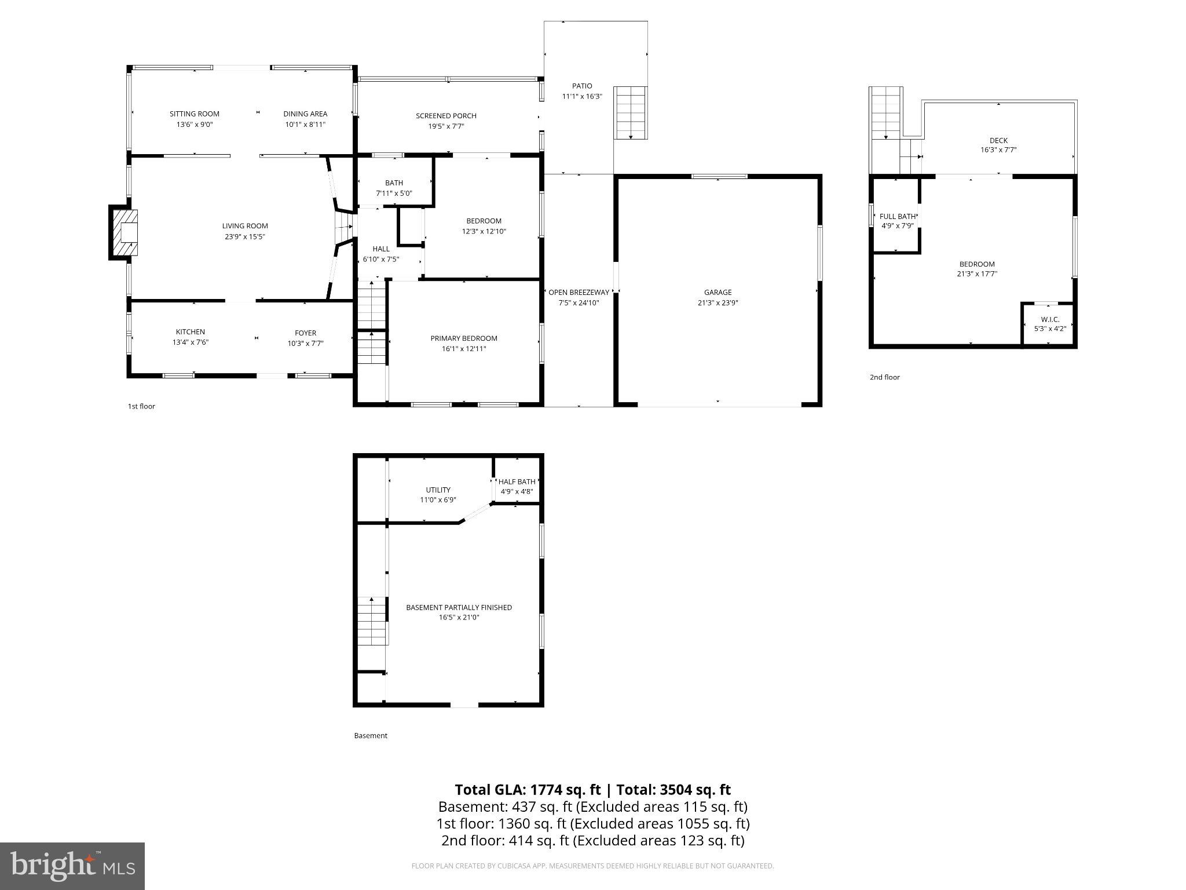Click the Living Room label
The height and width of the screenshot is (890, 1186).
(x=245, y=226)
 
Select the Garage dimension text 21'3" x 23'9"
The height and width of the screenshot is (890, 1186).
(x=718, y=302)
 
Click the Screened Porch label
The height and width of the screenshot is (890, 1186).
(x=446, y=116)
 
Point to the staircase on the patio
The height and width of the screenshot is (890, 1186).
(x=630, y=112)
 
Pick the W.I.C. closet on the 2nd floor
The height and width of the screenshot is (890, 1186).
(x=1049, y=324)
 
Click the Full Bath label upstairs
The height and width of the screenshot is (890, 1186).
(x=897, y=217)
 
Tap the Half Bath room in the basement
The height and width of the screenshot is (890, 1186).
(x=517, y=486)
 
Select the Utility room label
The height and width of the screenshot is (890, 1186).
(x=438, y=490)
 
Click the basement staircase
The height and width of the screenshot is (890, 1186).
(x=371, y=621)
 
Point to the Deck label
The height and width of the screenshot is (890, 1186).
(x=998, y=140)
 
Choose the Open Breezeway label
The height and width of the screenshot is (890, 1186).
(x=579, y=293)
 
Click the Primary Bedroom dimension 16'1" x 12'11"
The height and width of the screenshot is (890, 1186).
(x=464, y=349)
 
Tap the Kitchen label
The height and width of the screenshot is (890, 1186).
(x=191, y=332)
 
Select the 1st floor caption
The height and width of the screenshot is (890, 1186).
(x=141, y=406)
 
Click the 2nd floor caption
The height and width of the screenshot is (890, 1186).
(x=884, y=377)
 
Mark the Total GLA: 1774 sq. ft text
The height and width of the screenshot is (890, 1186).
(x=528, y=790)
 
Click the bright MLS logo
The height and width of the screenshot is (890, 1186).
(x=72, y=866)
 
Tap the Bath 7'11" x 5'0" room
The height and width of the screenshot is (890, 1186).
(x=394, y=188)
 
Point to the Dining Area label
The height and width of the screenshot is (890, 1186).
(x=305, y=114)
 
